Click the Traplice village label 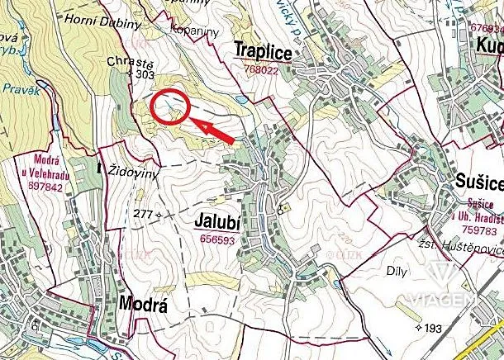(x=263, y=50)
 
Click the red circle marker (x=171, y=106)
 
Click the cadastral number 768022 (x=261, y=70)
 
